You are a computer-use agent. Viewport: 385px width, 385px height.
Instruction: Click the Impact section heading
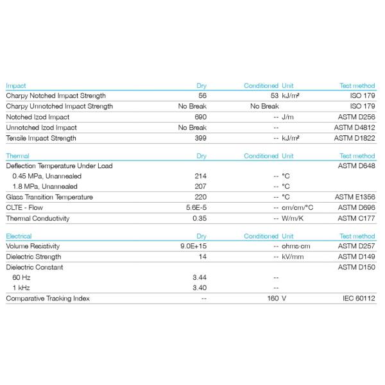[16, 85]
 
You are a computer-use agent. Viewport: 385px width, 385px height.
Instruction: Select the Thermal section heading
[17, 156]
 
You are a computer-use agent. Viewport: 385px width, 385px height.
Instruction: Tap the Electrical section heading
[19, 236]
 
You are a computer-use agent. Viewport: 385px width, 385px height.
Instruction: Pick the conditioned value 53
[274, 96]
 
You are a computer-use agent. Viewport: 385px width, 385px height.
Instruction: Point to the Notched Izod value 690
[200, 117]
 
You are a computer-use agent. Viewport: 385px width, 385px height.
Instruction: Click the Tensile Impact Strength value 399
[200, 138]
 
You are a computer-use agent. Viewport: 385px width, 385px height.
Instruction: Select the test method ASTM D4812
[354, 128]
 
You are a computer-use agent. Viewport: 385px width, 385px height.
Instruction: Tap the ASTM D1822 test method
[354, 138]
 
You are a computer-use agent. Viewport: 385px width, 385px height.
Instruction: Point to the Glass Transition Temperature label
[49, 197]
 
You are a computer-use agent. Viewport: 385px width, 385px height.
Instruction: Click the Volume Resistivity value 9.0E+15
[194, 246]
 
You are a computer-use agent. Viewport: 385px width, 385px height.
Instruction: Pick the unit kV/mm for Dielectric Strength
[292, 256]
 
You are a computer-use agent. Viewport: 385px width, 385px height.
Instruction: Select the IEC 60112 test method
[358, 298]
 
